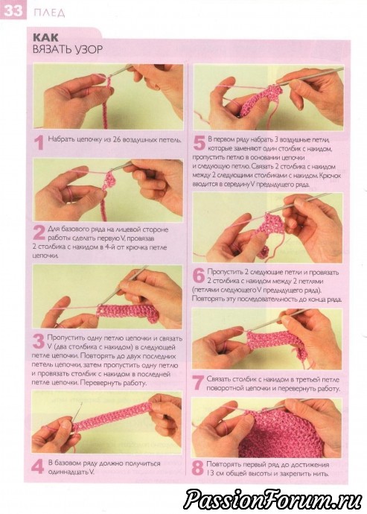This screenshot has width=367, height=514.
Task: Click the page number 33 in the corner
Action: [13, 11]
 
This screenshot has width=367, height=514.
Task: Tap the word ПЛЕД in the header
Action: [49, 13]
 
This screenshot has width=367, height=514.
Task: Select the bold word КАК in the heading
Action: [46, 37]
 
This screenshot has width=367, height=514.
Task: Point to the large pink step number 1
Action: [39, 143]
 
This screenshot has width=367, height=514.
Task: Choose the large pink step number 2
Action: [39, 232]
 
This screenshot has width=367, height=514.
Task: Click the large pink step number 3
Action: [39, 342]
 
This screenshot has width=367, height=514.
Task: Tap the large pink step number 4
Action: [38, 467]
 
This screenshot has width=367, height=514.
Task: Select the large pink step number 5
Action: [200, 142]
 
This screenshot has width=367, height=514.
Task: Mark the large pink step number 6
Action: [199, 276]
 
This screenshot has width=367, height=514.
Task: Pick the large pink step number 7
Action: [197, 383]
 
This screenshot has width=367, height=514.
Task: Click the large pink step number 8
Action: [197, 468]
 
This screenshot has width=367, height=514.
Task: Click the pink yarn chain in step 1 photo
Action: [106, 105]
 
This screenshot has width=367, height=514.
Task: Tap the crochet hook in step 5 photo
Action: [311, 75]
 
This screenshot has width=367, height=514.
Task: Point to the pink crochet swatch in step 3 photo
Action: [128, 313]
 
